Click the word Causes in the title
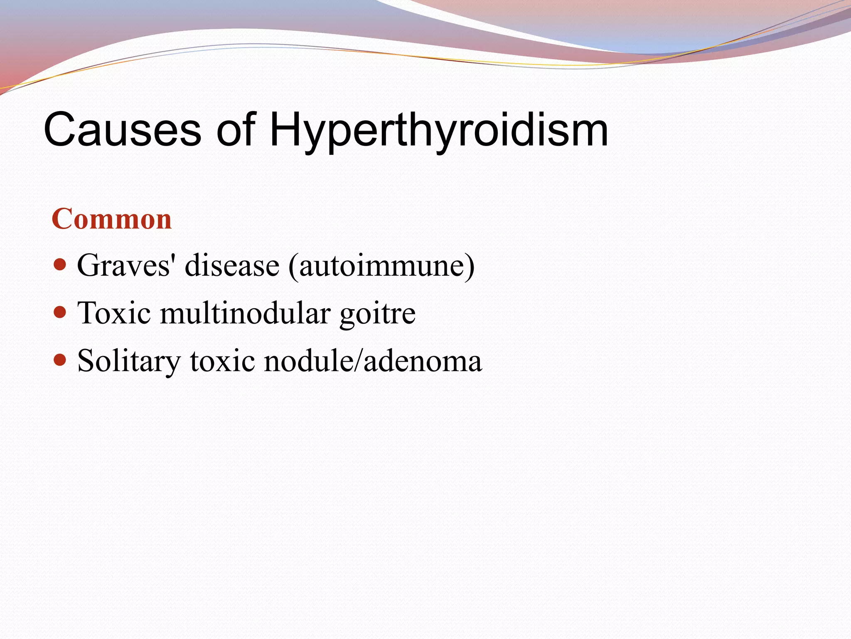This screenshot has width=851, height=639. [x=123, y=130]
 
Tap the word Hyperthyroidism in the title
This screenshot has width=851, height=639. [x=438, y=130]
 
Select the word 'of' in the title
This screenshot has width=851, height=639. [x=236, y=130]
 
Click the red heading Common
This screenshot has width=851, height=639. [x=111, y=219]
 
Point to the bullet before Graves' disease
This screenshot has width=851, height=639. [x=60, y=264]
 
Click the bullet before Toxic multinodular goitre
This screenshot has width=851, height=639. [x=60, y=312]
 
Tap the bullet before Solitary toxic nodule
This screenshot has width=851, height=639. [x=60, y=359]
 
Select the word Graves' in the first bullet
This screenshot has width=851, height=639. [x=124, y=265]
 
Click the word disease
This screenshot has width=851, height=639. [x=232, y=265]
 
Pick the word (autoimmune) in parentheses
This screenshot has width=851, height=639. [x=381, y=265]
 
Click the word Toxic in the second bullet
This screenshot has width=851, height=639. [x=114, y=313]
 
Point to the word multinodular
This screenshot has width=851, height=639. [x=246, y=313]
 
